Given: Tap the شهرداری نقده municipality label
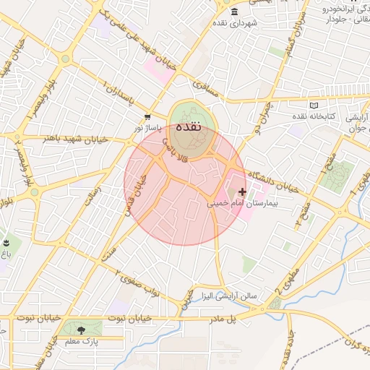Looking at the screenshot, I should pos(236,24).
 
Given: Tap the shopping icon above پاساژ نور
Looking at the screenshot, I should pos(147,116).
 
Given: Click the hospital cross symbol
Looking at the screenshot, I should pos(242,192).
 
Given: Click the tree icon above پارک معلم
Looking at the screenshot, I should pos(90,330).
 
